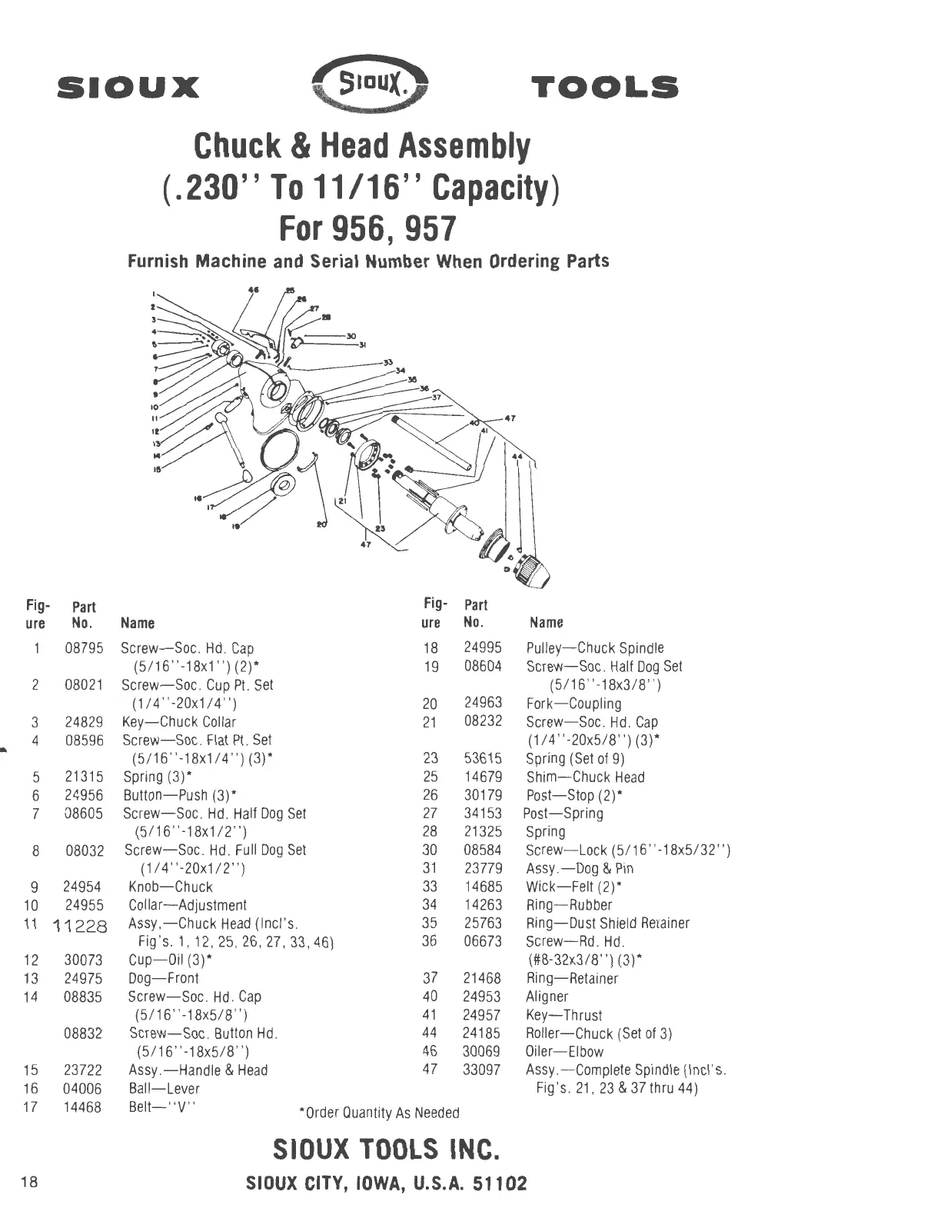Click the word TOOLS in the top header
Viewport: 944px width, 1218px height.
(604, 87)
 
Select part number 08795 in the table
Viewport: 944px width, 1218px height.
(84, 648)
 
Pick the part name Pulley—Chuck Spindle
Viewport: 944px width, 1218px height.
(594, 648)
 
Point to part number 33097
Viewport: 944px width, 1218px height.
(482, 1070)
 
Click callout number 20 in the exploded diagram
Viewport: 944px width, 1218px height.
(322, 524)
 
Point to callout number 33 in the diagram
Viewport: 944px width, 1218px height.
(387, 362)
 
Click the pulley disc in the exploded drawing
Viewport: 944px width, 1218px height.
(286, 485)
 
